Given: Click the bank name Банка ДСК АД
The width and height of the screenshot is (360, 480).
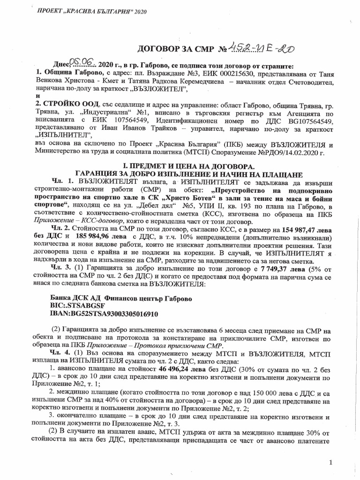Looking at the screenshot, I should [x=76, y=299].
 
